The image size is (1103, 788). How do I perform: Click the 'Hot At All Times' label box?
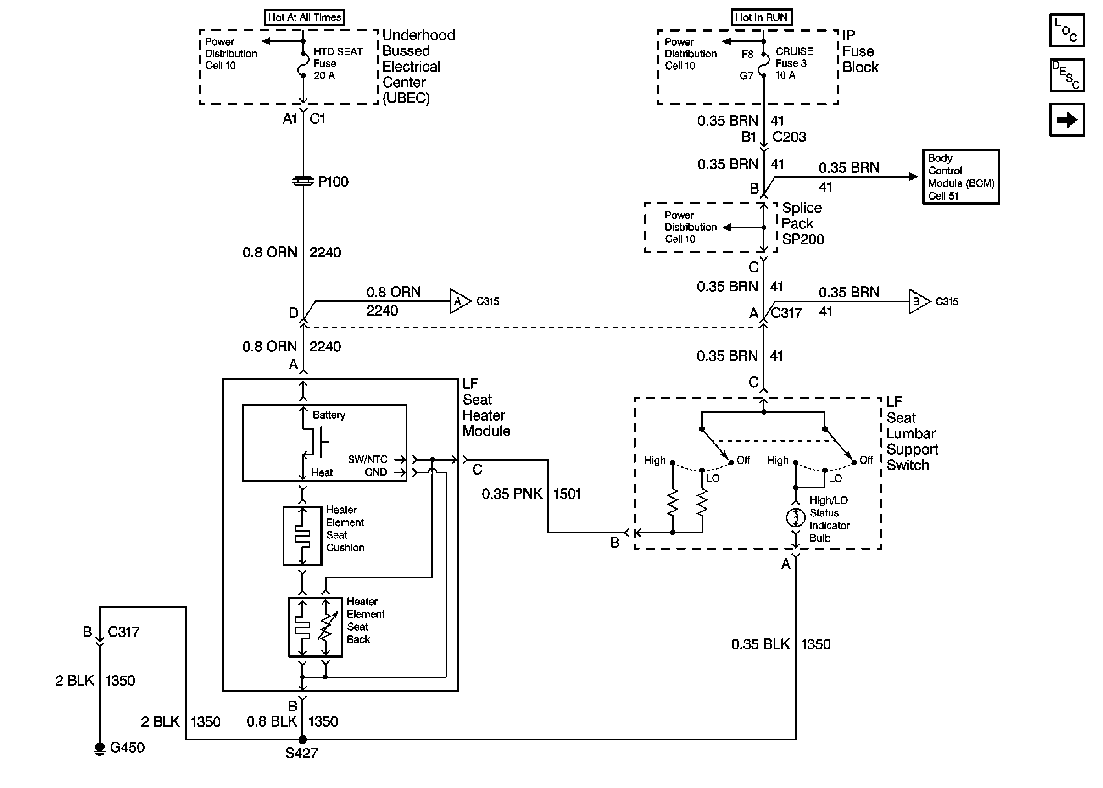304,17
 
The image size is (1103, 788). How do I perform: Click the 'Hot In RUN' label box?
761,17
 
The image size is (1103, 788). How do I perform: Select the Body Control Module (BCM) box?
960,177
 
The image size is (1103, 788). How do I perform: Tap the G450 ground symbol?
100,748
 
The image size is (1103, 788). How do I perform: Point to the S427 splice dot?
302,739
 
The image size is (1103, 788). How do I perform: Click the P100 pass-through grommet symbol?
303,181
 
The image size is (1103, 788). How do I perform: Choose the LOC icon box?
1067,30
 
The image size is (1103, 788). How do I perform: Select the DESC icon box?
1067,75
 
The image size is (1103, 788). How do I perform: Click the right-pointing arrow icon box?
1067,119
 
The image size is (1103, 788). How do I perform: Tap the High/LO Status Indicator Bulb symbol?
795,517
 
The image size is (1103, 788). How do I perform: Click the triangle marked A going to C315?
459,301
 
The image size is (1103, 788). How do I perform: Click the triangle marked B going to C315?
918,301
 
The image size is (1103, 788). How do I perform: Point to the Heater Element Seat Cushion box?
302,536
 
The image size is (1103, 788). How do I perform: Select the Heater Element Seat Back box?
315,627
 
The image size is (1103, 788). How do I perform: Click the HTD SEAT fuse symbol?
303,64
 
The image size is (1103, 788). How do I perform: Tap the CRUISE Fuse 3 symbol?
763,64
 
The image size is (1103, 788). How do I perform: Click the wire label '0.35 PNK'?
512,494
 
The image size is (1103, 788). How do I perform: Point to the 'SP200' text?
802,239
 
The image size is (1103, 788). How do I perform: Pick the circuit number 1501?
567,494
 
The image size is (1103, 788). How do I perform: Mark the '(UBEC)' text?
406,98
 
